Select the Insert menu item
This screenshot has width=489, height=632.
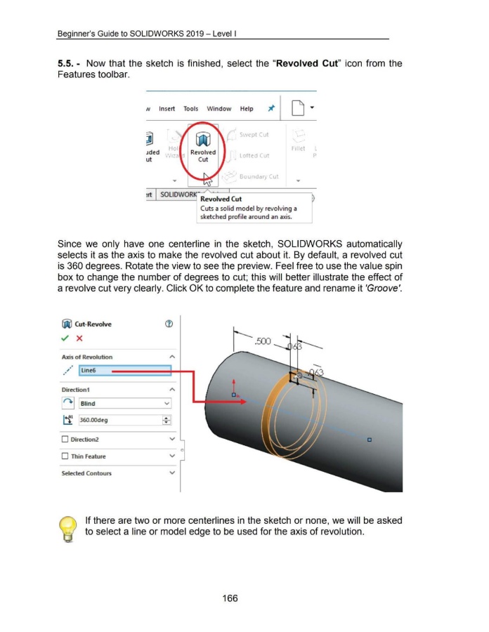pyautogui.click(x=167, y=109)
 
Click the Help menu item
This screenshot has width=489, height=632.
pyautogui.click(x=247, y=109)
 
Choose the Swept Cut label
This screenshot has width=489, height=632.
pyautogui.click(x=255, y=134)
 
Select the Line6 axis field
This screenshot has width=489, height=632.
pyautogui.click(x=95, y=370)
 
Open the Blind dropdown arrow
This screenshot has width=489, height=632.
pyautogui.click(x=166, y=404)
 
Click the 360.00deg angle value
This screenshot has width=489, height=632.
pyautogui.click(x=98, y=420)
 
